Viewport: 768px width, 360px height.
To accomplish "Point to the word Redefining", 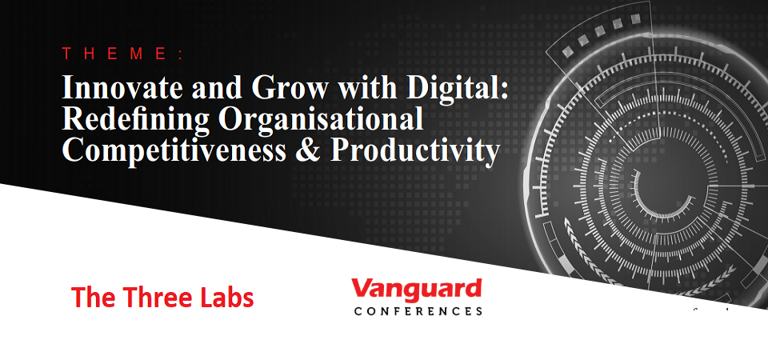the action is [x=137, y=119].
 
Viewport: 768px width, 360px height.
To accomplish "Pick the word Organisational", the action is [x=321, y=119].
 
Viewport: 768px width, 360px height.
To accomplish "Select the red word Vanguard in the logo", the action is [x=416, y=290].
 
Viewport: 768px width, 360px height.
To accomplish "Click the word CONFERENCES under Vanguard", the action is [x=418, y=311].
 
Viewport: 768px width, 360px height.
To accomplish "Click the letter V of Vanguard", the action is [x=362, y=288].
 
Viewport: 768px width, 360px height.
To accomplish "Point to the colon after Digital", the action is [x=505, y=91].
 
